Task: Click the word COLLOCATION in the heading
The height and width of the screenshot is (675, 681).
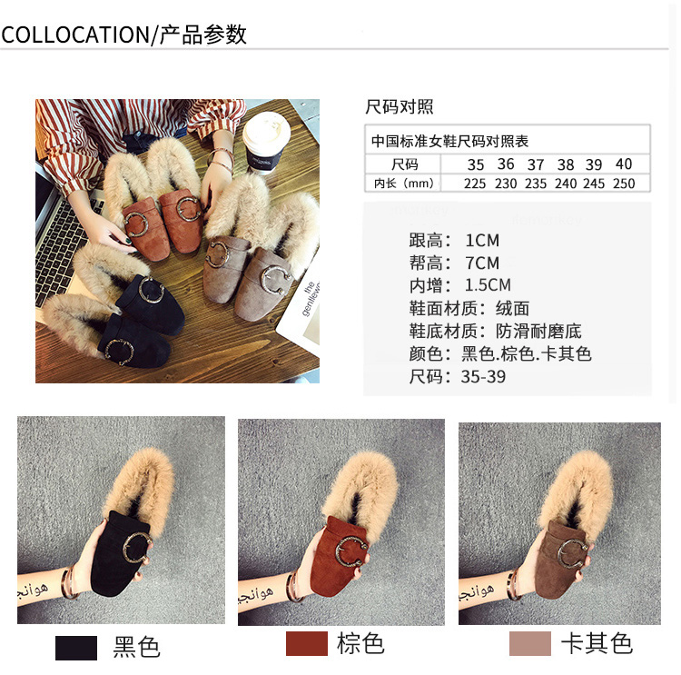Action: [x=75, y=35]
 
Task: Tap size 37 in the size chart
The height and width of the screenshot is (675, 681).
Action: [x=536, y=164]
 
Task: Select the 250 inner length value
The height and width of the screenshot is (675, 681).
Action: [x=624, y=184]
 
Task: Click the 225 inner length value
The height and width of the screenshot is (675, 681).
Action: [x=475, y=184]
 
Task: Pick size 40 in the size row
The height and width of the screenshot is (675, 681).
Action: [x=624, y=164]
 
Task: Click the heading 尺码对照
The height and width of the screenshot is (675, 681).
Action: [x=400, y=106]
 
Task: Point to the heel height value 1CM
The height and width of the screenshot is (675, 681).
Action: [x=482, y=241]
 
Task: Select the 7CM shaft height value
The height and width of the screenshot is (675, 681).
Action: [x=482, y=263]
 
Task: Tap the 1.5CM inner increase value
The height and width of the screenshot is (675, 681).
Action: [x=488, y=285]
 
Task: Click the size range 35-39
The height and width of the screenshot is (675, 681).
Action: [x=483, y=377]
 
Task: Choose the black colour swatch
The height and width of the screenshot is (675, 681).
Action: [x=76, y=648]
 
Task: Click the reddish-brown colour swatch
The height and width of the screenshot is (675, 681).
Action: [x=307, y=644]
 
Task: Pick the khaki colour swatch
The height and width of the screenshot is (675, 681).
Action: [x=530, y=644]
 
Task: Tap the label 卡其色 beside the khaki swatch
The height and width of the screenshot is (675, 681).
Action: [x=597, y=644]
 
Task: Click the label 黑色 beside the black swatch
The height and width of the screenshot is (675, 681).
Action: [x=136, y=647]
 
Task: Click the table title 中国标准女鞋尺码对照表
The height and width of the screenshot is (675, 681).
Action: [x=449, y=141]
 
